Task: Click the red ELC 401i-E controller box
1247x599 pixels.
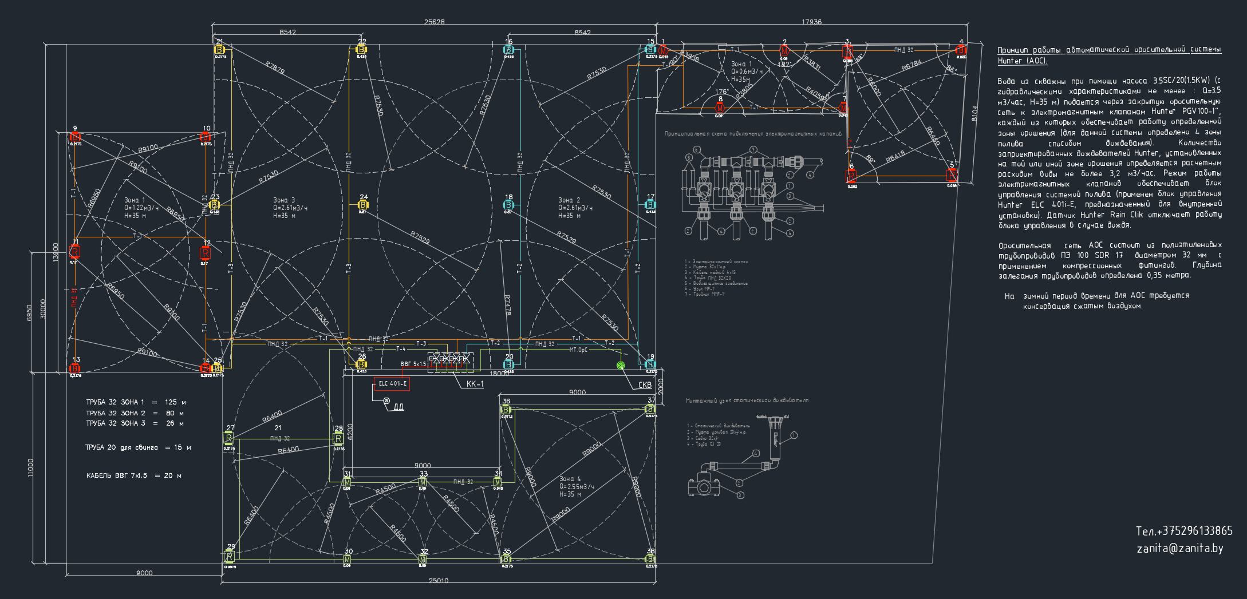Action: [392, 384]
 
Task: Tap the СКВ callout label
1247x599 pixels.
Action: [645, 386]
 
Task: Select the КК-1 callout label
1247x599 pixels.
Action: [475, 384]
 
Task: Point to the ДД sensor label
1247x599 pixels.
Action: [398, 407]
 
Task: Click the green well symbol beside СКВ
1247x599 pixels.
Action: [621, 366]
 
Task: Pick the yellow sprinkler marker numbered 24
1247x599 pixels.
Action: [362, 205]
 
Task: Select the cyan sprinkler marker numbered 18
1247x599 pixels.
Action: [508, 205]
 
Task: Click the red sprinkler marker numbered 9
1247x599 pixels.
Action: [75, 137]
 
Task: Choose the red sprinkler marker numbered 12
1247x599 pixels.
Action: [206, 253]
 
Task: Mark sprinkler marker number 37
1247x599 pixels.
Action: [650, 409]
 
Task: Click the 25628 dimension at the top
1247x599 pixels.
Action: [434, 22]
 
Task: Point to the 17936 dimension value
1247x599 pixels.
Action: [811, 22]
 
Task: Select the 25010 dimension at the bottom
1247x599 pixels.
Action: [439, 581]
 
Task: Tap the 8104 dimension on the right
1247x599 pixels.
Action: [975, 113]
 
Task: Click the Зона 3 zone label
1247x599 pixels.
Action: [284, 200]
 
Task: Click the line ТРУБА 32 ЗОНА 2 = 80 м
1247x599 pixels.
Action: [135, 413]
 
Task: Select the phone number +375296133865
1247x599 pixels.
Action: [1184, 531]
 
